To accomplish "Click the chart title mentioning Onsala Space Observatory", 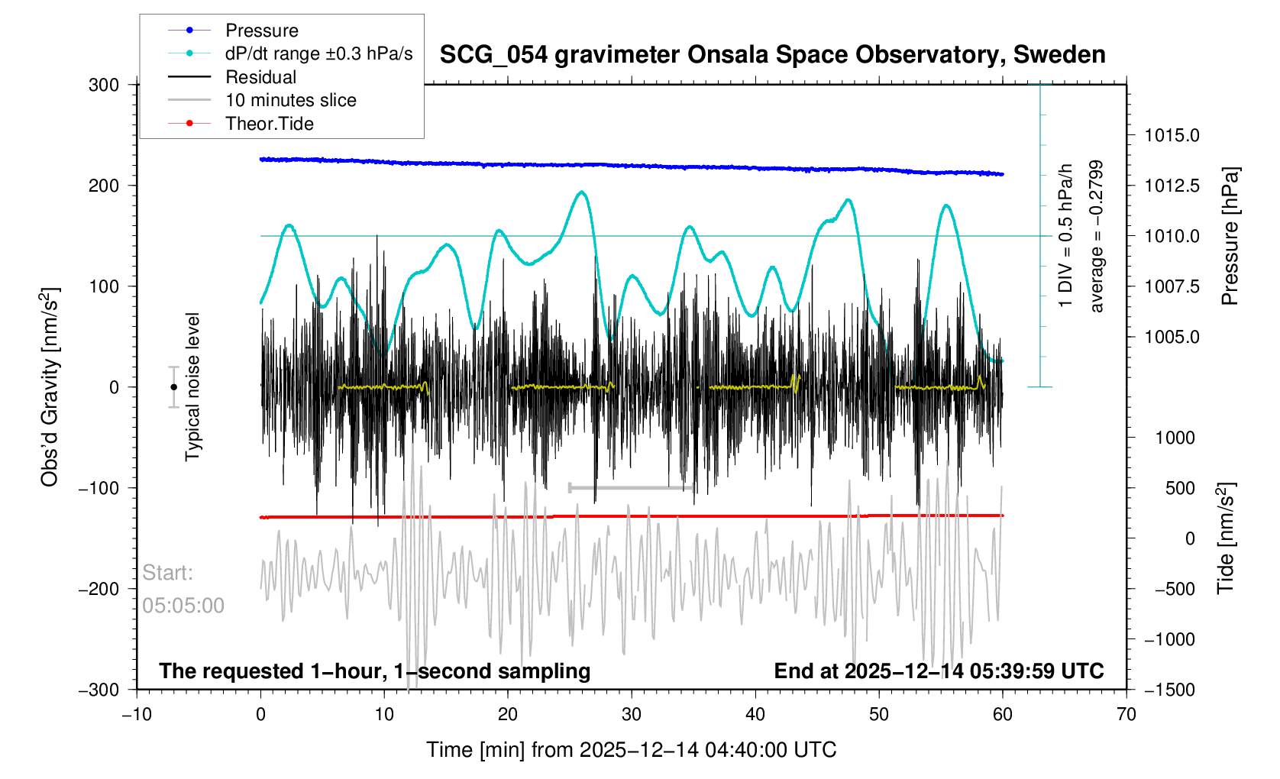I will point(772,55).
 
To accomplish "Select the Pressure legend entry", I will point(261,31).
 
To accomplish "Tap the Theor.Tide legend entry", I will point(269,124).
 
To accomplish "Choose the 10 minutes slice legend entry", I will point(290,100).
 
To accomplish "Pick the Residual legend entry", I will point(260,77).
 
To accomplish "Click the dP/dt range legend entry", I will point(318,54).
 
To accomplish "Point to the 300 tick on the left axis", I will point(104,85).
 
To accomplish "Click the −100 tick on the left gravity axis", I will point(99,488).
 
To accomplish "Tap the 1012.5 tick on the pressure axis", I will point(1172,186).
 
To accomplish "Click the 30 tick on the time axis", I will point(632,714).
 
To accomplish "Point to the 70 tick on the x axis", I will point(1126,714).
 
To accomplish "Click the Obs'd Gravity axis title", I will point(50,387).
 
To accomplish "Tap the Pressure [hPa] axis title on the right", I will point(1230,236).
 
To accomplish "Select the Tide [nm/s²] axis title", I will point(1225,538).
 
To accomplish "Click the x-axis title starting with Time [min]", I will point(631,750).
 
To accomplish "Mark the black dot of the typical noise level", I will point(173,387).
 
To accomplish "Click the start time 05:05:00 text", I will point(183,606).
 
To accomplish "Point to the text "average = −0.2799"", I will point(1097,236).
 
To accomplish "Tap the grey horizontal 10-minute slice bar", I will point(631,487).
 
